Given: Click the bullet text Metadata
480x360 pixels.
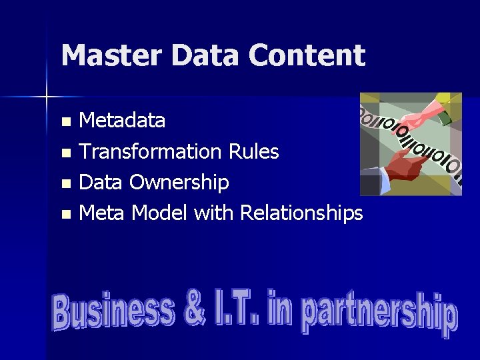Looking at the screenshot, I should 122,121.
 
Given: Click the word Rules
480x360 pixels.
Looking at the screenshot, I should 253,151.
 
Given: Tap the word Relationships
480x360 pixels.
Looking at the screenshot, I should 301,213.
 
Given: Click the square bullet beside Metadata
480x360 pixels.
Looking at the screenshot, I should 65,122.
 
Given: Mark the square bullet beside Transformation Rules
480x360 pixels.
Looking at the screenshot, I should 65,153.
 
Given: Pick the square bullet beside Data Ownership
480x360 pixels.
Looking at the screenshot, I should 65,183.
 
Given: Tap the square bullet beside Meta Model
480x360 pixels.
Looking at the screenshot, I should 65,214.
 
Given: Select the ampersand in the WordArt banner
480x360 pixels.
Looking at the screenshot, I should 195,311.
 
